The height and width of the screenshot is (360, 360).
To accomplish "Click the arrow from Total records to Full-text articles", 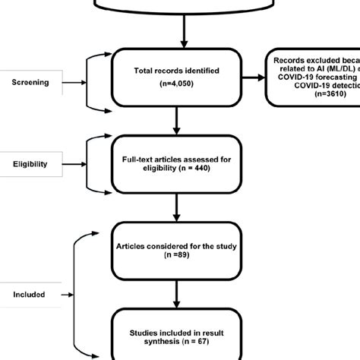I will tap(177, 120).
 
